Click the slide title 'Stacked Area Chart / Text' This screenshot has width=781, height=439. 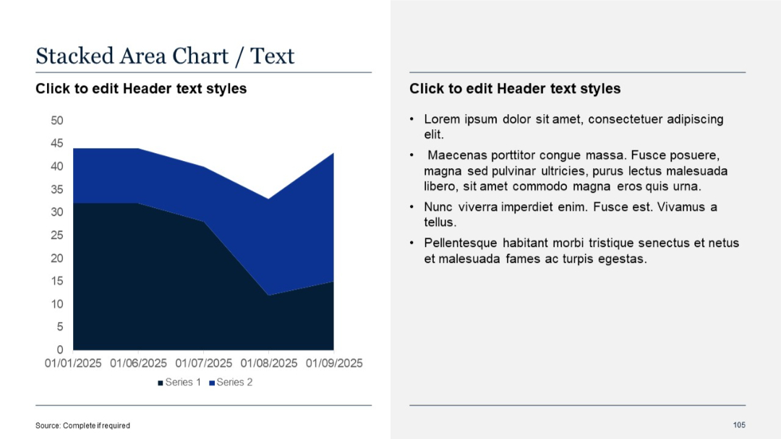[165, 56]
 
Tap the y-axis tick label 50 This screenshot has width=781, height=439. [56, 121]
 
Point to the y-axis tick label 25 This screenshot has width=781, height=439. [56, 235]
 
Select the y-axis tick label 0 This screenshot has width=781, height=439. [59, 350]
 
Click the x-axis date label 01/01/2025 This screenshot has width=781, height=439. [73, 363]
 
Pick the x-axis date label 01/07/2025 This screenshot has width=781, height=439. [203, 363]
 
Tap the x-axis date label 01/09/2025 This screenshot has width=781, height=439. [333, 363]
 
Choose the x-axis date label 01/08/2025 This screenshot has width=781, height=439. [268, 363]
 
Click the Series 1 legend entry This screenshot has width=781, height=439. [179, 382]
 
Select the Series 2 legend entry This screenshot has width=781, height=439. [231, 382]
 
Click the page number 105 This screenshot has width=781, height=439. [738, 425]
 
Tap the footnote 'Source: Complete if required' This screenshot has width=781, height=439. [82, 425]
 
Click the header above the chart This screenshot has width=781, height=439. [141, 89]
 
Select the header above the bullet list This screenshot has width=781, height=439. [515, 89]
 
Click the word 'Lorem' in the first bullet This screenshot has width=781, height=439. [441, 119]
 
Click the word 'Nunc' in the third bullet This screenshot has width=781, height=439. [438, 207]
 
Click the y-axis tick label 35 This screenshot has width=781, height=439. [56, 190]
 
